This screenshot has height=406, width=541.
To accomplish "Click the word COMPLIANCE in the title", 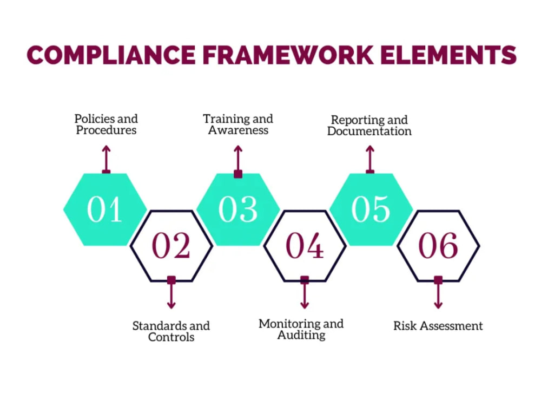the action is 111,55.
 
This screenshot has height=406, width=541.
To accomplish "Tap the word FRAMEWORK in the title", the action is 288,55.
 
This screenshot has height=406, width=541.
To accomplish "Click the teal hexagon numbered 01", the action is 105,209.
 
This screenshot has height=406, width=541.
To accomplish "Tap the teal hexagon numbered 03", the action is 238,209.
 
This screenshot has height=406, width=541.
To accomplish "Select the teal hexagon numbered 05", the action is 371,209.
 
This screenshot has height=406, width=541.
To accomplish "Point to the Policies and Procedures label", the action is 106,125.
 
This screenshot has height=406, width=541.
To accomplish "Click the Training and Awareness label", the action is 238,125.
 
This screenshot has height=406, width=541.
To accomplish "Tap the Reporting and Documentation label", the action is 369,126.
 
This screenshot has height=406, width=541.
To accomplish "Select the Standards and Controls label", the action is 171,331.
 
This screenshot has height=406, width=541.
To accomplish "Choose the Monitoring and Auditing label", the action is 301,329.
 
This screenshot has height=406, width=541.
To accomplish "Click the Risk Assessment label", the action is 438,325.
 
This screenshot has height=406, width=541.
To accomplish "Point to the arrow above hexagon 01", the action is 106,159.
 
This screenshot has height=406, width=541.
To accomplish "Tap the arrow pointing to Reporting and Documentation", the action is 370,159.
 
